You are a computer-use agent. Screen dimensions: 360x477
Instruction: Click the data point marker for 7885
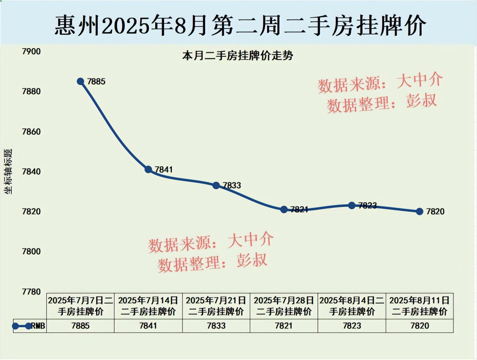coord(80,82)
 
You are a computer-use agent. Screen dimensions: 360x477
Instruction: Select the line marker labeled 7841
coord(148,169)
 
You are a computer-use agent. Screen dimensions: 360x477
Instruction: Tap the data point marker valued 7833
coord(216,186)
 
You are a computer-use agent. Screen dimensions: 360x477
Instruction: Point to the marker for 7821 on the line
coord(284,209)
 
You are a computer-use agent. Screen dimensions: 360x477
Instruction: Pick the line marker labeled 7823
coord(352,206)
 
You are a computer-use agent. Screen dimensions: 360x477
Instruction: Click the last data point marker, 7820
coord(419,211)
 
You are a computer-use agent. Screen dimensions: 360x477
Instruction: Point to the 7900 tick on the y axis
coord(31,51)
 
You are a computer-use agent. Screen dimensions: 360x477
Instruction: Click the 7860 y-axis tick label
coord(31,132)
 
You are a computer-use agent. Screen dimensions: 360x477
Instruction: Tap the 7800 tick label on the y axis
coord(31,252)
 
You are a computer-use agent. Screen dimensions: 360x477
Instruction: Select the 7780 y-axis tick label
coord(31,292)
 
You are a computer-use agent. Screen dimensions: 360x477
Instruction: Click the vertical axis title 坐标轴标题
coord(8,171)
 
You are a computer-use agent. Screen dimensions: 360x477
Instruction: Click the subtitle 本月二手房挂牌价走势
coord(237,56)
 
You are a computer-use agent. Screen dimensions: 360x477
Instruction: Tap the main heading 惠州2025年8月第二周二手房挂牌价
coord(240,26)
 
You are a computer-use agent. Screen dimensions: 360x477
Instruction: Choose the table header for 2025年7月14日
coord(148,306)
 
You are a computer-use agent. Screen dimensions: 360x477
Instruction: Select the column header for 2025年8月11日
coord(419,306)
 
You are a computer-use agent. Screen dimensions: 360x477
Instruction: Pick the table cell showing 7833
coord(216,326)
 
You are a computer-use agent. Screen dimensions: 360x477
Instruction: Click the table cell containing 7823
coord(352,326)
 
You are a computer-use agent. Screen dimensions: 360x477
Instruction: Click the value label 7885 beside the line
coord(96,82)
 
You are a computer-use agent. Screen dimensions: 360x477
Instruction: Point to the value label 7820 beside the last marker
coord(435,211)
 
